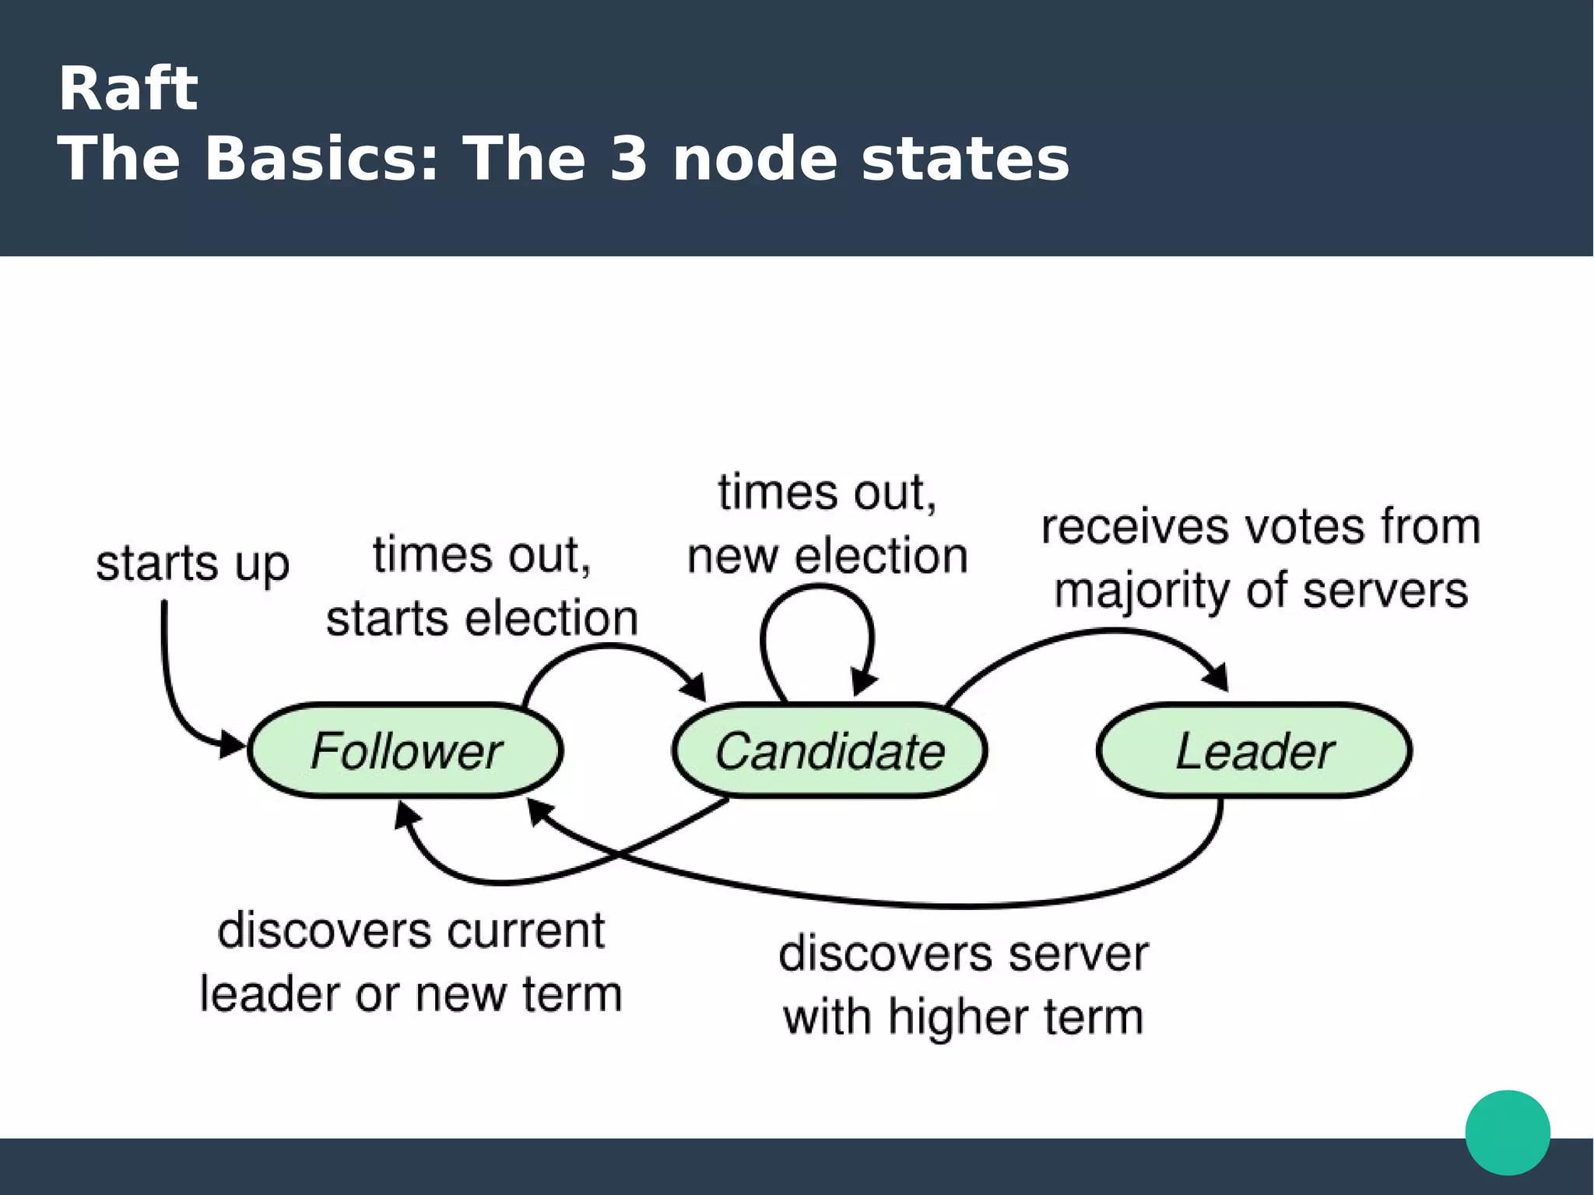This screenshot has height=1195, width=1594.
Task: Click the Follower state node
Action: coord(405,750)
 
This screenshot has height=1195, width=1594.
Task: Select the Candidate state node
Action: coord(830,750)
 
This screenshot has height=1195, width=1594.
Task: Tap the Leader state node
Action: coord(1254,750)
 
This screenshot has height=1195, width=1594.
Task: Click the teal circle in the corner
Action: coord(1508,1132)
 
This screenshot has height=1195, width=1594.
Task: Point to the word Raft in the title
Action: coord(128,89)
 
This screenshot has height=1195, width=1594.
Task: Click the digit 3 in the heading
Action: coord(628,159)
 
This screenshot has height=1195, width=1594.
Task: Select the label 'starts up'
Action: coord(192,563)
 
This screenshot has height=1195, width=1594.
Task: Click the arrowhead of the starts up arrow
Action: coord(231,743)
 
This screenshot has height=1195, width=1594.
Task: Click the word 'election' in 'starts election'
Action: coord(552,619)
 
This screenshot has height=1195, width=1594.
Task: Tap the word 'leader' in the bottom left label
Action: coord(271,994)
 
